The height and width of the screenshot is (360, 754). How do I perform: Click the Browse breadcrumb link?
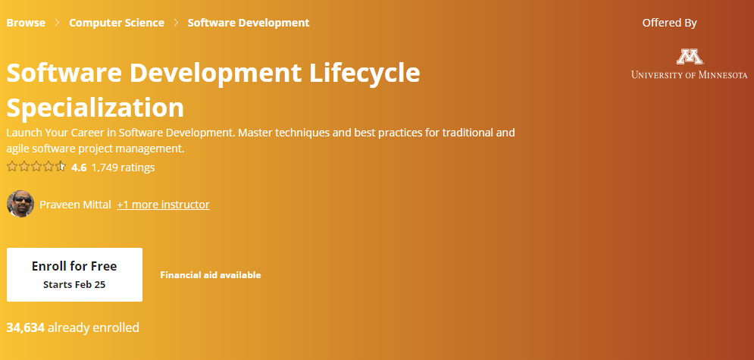(x=26, y=23)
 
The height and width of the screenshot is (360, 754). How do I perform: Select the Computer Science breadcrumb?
(x=117, y=23)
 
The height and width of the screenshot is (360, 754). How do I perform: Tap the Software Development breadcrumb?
(x=249, y=23)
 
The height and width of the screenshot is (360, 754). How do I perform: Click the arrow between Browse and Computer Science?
(x=58, y=23)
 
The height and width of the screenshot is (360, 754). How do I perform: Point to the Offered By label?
(x=669, y=23)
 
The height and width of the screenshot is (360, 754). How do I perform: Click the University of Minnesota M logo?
(x=690, y=57)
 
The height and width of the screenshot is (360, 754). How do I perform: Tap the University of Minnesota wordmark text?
(x=690, y=74)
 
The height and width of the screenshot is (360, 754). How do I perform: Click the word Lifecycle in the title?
(x=364, y=74)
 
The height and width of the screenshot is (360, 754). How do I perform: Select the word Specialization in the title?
(x=95, y=108)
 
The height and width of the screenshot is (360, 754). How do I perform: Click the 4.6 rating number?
(x=79, y=167)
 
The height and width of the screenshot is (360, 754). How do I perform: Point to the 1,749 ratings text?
(x=123, y=167)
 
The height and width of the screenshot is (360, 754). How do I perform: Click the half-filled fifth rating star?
(x=60, y=167)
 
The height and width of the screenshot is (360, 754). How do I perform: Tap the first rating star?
(x=12, y=167)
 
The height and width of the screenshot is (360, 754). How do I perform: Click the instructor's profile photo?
(x=20, y=205)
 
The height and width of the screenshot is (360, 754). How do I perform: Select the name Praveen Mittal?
(x=76, y=205)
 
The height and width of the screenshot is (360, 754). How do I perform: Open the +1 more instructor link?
(x=163, y=205)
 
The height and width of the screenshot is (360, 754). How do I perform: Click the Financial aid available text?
(x=211, y=275)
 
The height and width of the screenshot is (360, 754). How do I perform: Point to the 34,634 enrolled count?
(x=26, y=328)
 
